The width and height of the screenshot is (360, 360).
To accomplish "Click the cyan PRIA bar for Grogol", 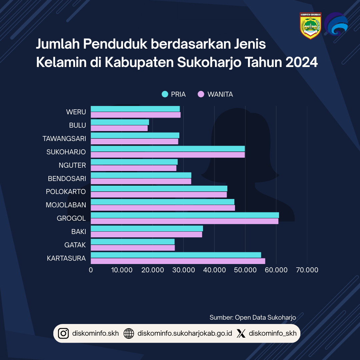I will (x=185, y=215).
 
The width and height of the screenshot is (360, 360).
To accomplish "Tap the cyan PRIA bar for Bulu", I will (x=120, y=122).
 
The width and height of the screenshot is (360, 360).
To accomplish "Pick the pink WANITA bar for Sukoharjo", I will (x=168, y=155).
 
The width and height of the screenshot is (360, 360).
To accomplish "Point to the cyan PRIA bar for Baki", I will (x=147, y=228).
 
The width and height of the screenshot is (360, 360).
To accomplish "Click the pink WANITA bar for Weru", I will (x=135, y=115).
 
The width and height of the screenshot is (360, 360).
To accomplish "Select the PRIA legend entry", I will (x=174, y=94).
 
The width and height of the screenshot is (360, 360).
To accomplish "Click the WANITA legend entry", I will (x=215, y=94).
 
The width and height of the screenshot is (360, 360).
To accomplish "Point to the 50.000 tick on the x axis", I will (x=245, y=270).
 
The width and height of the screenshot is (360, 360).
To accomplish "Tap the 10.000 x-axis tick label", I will (x=121, y=270).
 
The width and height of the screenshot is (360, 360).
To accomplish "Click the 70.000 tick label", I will (x=307, y=270).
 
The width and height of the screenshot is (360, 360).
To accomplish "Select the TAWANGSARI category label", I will (x=64, y=139).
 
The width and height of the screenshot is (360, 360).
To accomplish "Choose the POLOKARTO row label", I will (x=66, y=192).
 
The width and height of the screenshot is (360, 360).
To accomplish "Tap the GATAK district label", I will (x=75, y=245).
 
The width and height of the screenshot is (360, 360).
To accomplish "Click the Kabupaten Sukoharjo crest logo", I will (x=310, y=26).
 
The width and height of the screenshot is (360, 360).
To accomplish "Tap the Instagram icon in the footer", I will (x=63, y=333).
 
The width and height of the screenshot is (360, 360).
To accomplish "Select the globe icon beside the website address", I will (x=129, y=333).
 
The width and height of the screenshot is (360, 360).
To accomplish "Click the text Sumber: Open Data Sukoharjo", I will (x=253, y=317).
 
